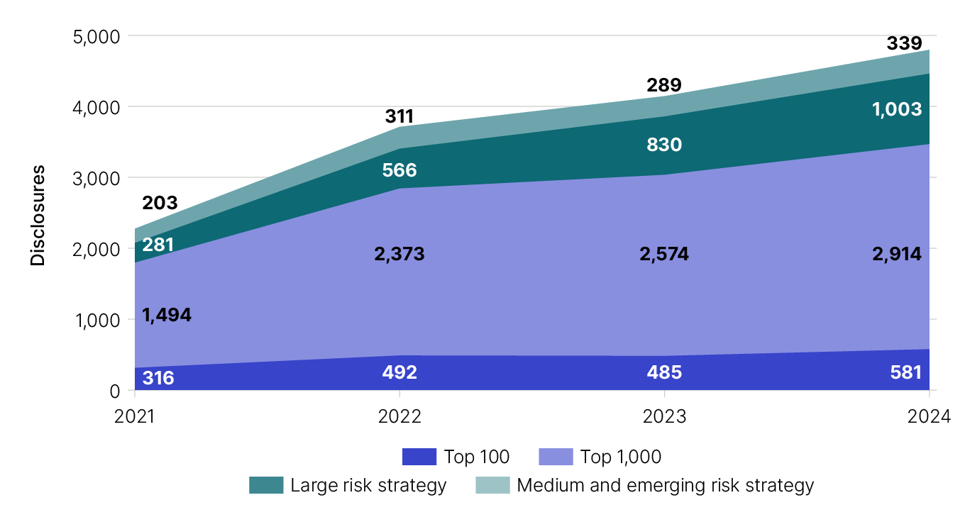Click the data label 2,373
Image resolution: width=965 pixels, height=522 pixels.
pyautogui.click(x=399, y=254)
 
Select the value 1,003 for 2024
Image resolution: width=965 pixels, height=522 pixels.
pyautogui.click(x=898, y=109)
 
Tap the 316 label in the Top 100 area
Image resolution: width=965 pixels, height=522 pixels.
pyautogui.click(x=158, y=377)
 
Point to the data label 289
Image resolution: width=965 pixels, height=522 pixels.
pyautogui.click(x=664, y=86)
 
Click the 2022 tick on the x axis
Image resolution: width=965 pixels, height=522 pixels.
pyautogui.click(x=399, y=416)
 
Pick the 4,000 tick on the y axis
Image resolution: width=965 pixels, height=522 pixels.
pyautogui.click(x=96, y=107)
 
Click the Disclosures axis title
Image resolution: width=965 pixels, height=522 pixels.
pyautogui.click(x=38, y=215)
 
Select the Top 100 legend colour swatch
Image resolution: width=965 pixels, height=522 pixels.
pyautogui.click(x=419, y=457)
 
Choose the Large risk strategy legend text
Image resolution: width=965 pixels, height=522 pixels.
pyautogui.click(x=368, y=486)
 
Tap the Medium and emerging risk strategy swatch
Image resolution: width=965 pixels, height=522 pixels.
pyautogui.click(x=492, y=486)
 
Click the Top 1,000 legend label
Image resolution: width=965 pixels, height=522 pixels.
pyautogui.click(x=620, y=457)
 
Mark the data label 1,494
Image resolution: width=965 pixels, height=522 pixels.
pyautogui.click(x=167, y=315)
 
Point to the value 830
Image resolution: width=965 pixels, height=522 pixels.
pyautogui.click(x=664, y=145)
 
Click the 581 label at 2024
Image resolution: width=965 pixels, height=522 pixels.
pyautogui.click(x=905, y=372)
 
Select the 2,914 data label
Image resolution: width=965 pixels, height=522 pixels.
pyautogui.click(x=897, y=254)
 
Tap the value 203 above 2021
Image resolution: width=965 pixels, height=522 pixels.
pyautogui.click(x=160, y=204)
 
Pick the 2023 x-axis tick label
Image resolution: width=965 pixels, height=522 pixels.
pyautogui.click(x=664, y=416)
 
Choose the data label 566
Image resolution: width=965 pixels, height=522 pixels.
pyautogui.click(x=399, y=170)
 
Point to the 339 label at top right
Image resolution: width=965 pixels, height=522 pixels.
pyautogui.click(x=904, y=44)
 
